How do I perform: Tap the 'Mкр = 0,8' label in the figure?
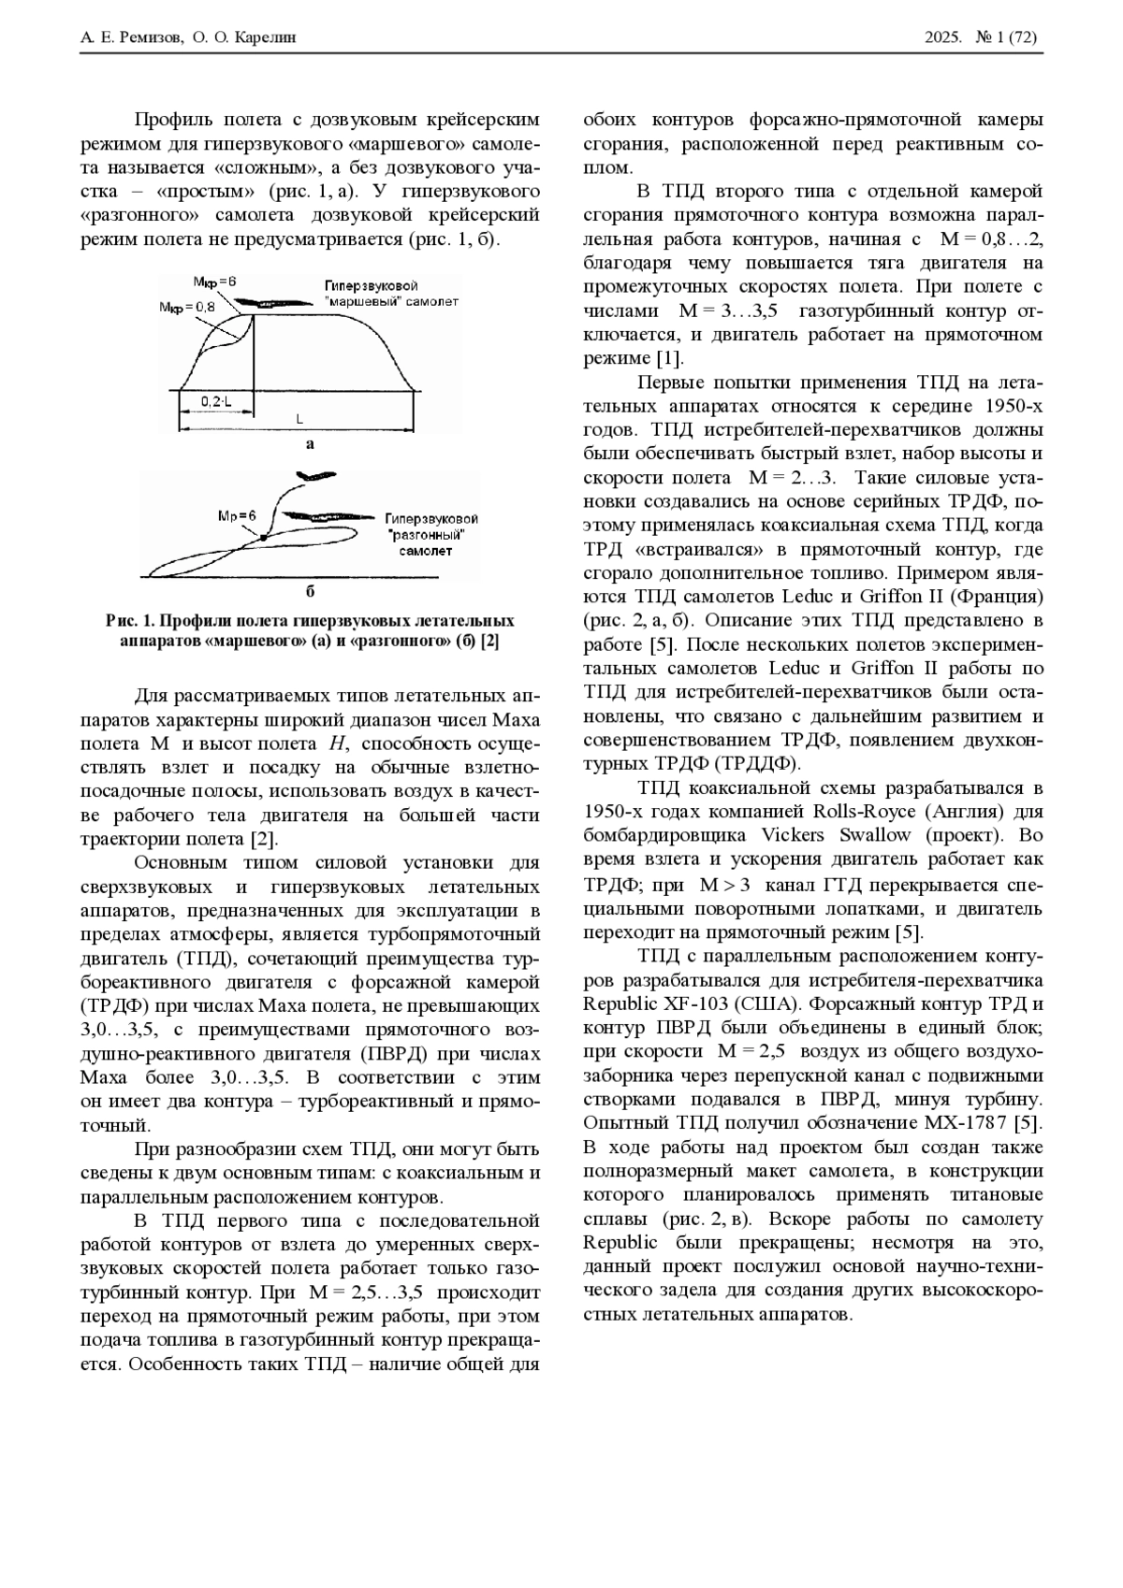point(187,306)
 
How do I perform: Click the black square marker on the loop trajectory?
point(264,537)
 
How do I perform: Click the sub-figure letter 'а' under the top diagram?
point(310,444)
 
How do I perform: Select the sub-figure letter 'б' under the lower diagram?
point(310,591)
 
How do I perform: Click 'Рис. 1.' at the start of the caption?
point(127,621)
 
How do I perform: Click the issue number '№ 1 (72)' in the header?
point(1006,37)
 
